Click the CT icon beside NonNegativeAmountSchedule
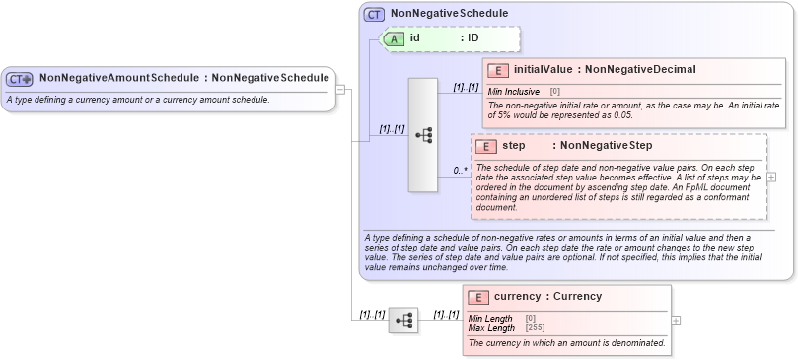(x=20, y=78)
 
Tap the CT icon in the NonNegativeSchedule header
(x=374, y=14)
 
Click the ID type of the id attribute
(x=472, y=38)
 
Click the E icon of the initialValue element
(x=498, y=70)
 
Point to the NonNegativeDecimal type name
(x=640, y=70)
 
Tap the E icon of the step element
(x=485, y=146)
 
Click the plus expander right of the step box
(x=770, y=177)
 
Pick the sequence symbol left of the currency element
(x=403, y=321)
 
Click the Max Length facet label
(x=490, y=327)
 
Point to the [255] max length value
(x=535, y=327)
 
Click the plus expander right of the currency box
(x=675, y=321)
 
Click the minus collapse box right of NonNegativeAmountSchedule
(x=340, y=89)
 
